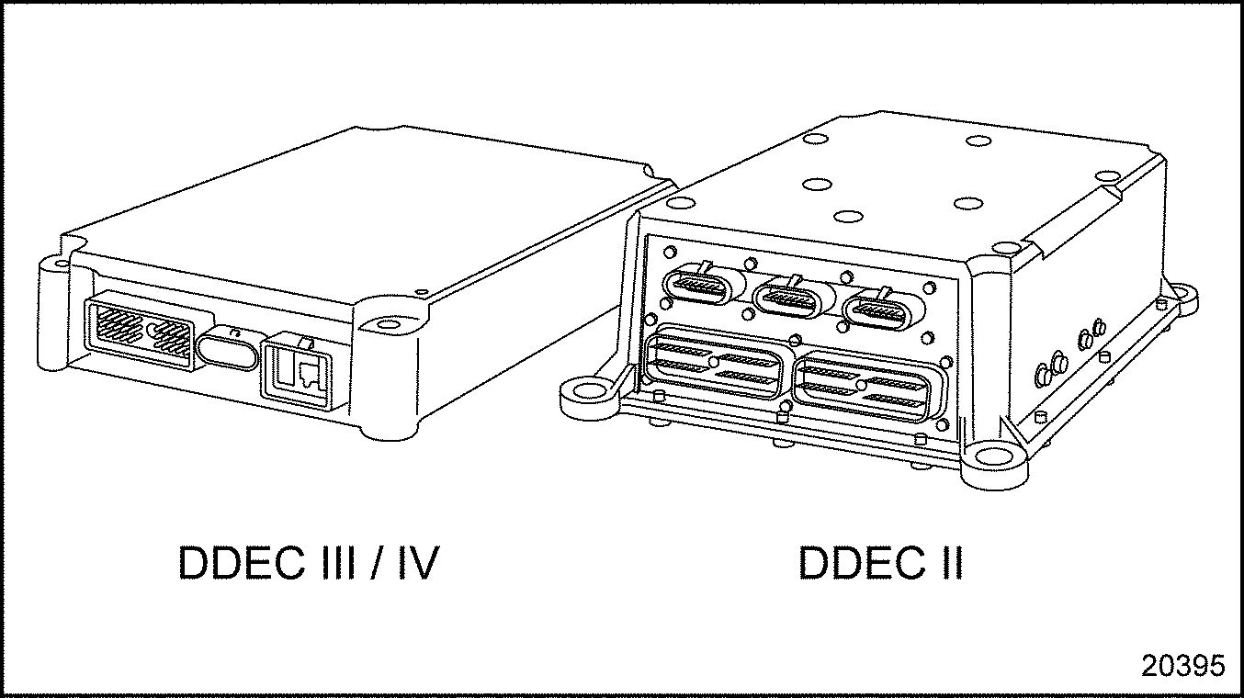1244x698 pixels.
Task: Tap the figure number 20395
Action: pyautogui.click(x=1183, y=666)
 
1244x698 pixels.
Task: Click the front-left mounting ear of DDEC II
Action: pyautogui.click(x=585, y=391)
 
